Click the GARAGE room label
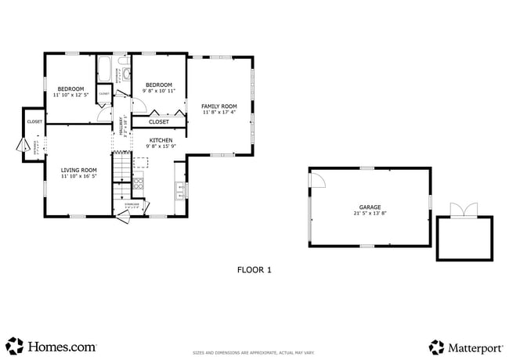pyautogui.click(x=370, y=207)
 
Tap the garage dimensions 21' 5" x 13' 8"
pyautogui.click(x=370, y=213)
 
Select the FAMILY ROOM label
pyautogui.click(x=218, y=106)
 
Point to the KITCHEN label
pyautogui.click(x=161, y=140)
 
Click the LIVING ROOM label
pyautogui.click(x=79, y=170)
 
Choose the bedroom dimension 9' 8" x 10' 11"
pyautogui.click(x=158, y=91)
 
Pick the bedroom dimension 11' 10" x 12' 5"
pyautogui.click(x=70, y=95)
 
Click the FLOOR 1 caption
pyautogui.click(x=254, y=270)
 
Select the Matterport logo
pyautogui.click(x=464, y=346)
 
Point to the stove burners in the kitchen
pyautogui.click(x=138, y=185)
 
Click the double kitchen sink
pyautogui.click(x=179, y=188)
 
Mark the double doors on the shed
pyautogui.click(x=463, y=210)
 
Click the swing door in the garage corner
pyautogui.click(x=317, y=180)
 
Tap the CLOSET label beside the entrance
pyautogui.click(x=35, y=121)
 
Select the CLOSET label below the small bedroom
pyautogui.click(x=159, y=122)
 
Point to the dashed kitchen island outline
pyautogui.click(x=141, y=162)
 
